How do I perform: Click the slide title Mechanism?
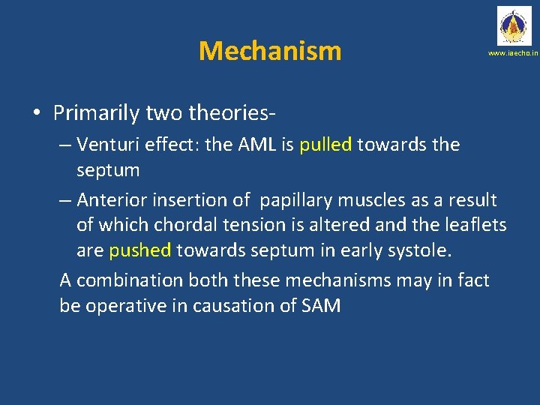pos(270,51)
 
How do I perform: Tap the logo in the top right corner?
pos(512,25)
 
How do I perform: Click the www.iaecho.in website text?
pos(513,54)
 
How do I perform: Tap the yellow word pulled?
pos(325,145)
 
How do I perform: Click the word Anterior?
pos(112,200)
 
